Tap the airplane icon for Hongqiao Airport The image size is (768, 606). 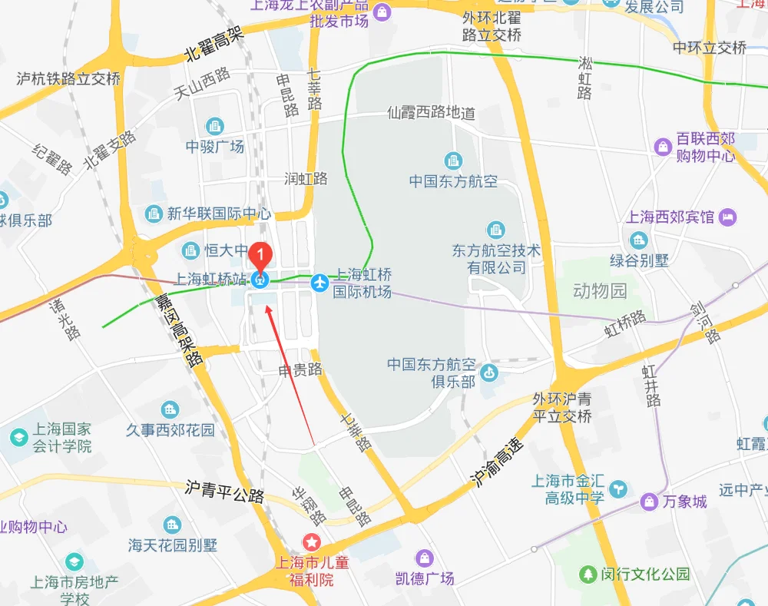pyautogui.click(x=320, y=283)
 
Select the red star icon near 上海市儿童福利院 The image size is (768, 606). pyautogui.click(x=312, y=542)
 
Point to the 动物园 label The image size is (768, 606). pyautogui.click(x=600, y=291)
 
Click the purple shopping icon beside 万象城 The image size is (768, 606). pyautogui.click(x=650, y=502)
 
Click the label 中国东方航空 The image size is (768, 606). pyautogui.click(x=453, y=182)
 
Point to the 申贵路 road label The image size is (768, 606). pyautogui.click(x=300, y=369)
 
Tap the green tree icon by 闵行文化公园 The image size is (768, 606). pyautogui.click(x=588, y=574)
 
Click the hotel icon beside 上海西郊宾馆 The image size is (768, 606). pyautogui.click(x=727, y=217)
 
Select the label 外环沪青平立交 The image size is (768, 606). pyautogui.click(x=562, y=408)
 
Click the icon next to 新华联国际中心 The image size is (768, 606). pyautogui.click(x=154, y=214)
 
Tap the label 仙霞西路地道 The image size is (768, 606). pyautogui.click(x=431, y=114)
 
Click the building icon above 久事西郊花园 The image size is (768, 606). pyautogui.click(x=170, y=410)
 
